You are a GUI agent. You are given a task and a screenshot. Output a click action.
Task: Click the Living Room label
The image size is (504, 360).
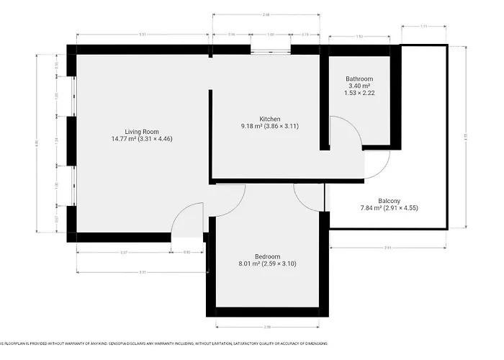141,131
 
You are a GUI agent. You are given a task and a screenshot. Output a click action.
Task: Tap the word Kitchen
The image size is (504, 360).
250,119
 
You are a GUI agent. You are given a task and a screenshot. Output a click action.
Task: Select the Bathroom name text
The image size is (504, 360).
359,78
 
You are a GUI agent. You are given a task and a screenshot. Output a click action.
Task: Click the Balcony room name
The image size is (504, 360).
389,201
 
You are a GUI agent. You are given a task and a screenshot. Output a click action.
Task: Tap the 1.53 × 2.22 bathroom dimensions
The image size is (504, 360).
359,93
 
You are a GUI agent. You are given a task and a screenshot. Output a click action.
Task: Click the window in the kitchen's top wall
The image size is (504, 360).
271,49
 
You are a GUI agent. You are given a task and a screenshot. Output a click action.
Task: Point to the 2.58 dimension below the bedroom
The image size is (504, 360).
266,327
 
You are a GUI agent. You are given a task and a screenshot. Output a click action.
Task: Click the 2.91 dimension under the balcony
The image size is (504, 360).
387,247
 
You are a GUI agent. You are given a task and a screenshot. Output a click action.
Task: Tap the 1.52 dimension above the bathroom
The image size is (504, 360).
359,35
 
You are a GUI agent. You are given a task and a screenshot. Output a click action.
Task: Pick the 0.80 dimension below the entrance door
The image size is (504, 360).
187,252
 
